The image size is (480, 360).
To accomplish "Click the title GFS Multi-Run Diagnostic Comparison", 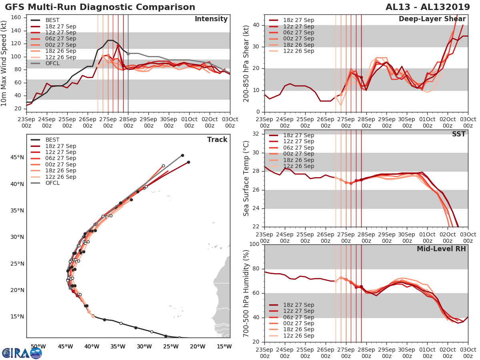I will (x=100, y=7).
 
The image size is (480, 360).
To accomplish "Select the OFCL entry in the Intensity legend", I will (x=55, y=64).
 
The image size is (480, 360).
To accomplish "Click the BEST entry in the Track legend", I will (x=52, y=140).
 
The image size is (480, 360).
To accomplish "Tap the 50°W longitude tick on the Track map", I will (x=38, y=346).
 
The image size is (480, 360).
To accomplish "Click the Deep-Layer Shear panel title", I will (x=432, y=19).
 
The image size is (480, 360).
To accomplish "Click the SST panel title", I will (x=458, y=134).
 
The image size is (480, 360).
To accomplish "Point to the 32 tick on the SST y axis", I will (x=256, y=134).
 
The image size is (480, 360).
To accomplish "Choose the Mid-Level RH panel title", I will (x=441, y=249).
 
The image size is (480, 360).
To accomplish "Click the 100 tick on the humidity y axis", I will (x=254, y=244).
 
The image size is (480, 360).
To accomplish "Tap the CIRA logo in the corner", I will (x=22, y=353).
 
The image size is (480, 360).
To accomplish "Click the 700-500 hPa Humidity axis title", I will (x=247, y=294).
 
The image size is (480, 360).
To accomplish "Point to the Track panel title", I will (x=217, y=140).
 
